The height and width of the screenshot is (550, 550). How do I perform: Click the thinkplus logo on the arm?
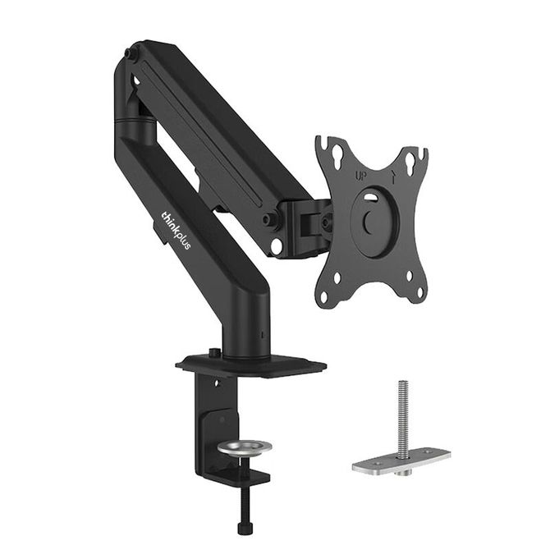176,231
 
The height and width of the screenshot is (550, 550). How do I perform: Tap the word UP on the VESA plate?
360,176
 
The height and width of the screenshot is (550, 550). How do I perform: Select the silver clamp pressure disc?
245,447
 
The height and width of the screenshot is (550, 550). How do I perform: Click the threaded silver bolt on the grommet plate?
403,418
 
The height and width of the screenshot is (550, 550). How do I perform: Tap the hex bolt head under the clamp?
244,529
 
